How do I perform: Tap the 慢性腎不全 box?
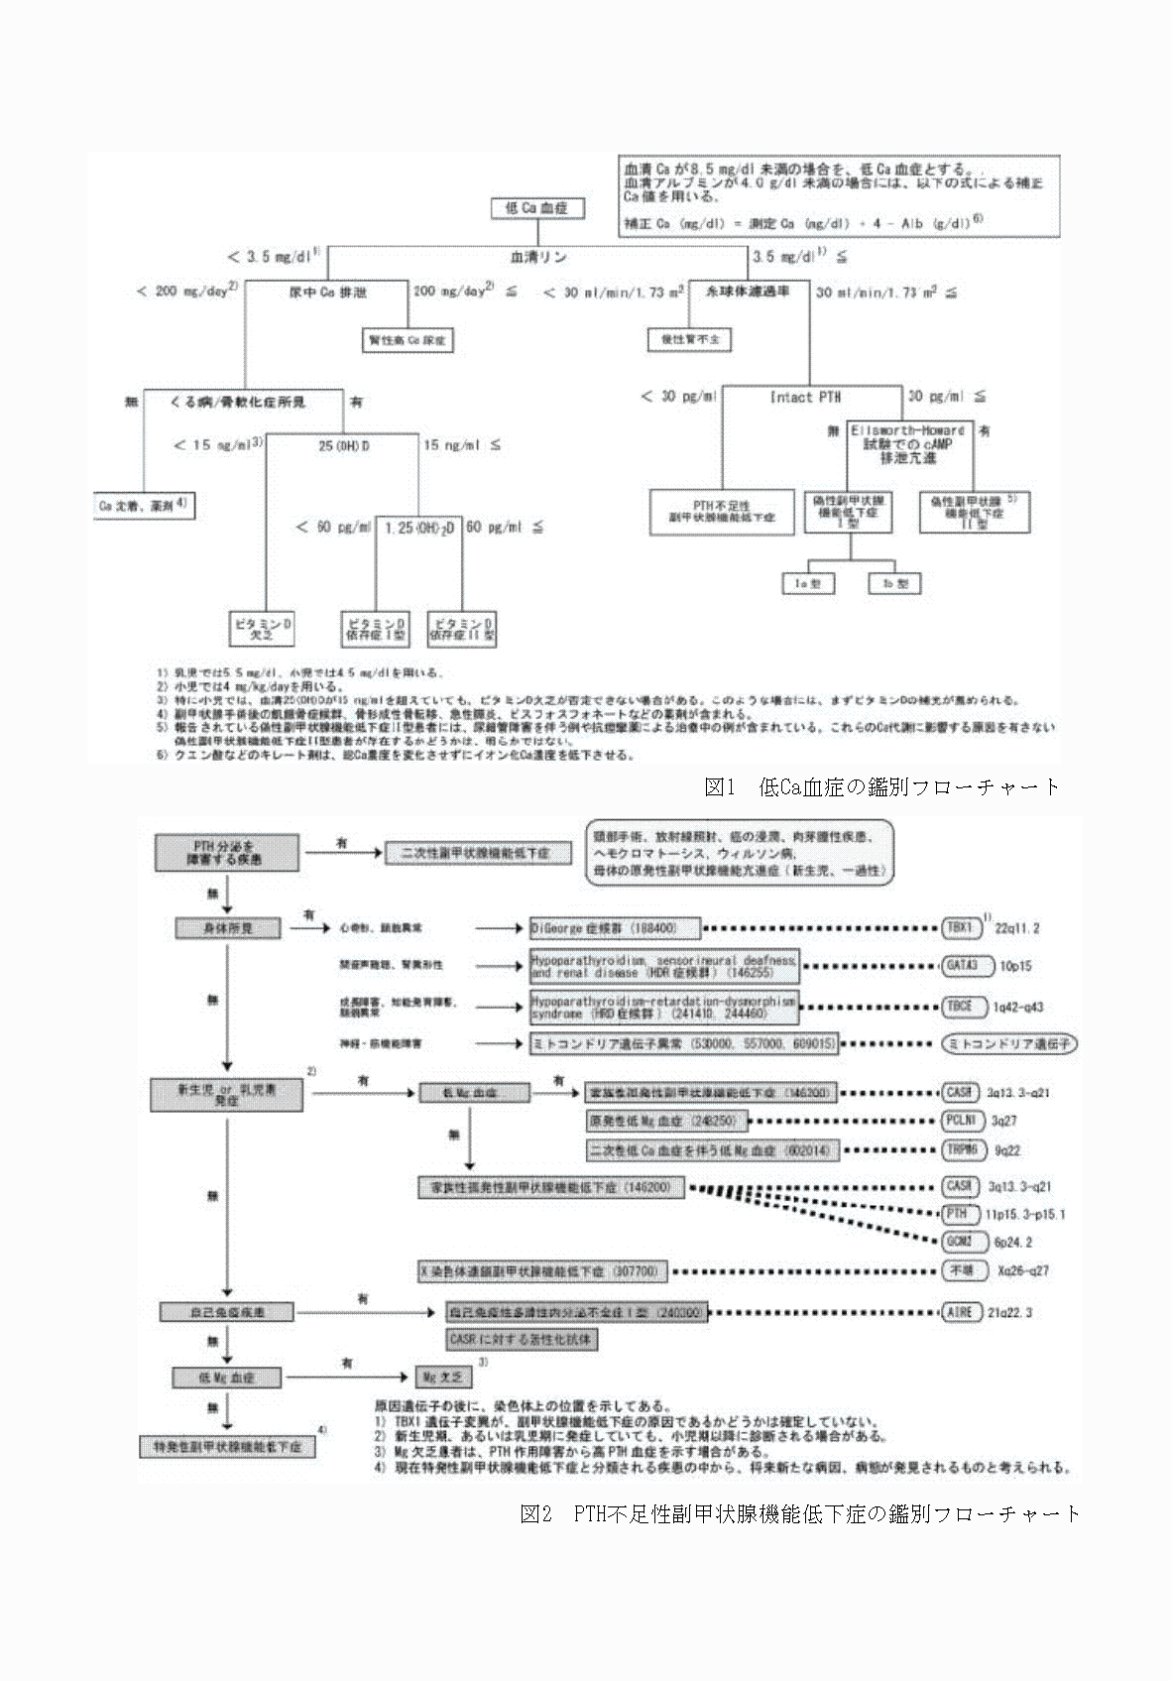(x=689, y=339)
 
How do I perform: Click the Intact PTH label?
(x=805, y=397)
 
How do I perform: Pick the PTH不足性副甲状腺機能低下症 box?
(x=722, y=511)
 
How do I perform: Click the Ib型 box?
(x=894, y=584)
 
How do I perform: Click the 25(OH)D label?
(x=343, y=446)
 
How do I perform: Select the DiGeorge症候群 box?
(x=615, y=928)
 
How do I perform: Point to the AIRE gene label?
(x=959, y=1312)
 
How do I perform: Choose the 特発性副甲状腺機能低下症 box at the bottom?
(x=227, y=1446)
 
